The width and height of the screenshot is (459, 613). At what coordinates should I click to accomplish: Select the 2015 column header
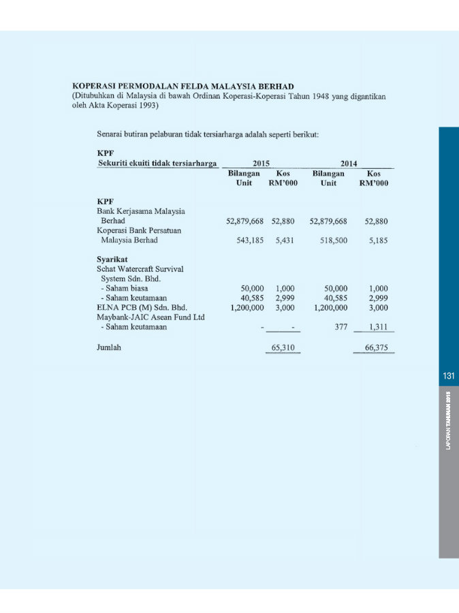pyautogui.click(x=262, y=163)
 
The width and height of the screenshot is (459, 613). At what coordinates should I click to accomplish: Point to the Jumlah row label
pyautogui.click(x=109, y=347)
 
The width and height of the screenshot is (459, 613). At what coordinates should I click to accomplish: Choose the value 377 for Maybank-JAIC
pyautogui.click(x=341, y=327)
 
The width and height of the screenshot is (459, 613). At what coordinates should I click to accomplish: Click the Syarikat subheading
pyautogui.click(x=112, y=260)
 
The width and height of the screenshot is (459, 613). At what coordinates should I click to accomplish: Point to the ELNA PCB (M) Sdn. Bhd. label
pyautogui.click(x=142, y=307)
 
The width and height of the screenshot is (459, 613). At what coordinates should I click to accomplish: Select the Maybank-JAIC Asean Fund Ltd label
pyautogui.click(x=151, y=317)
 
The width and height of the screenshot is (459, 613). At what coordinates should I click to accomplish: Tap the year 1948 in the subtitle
pyautogui.click(x=316, y=97)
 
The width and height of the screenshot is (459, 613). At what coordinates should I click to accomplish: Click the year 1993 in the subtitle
pyautogui.click(x=144, y=106)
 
